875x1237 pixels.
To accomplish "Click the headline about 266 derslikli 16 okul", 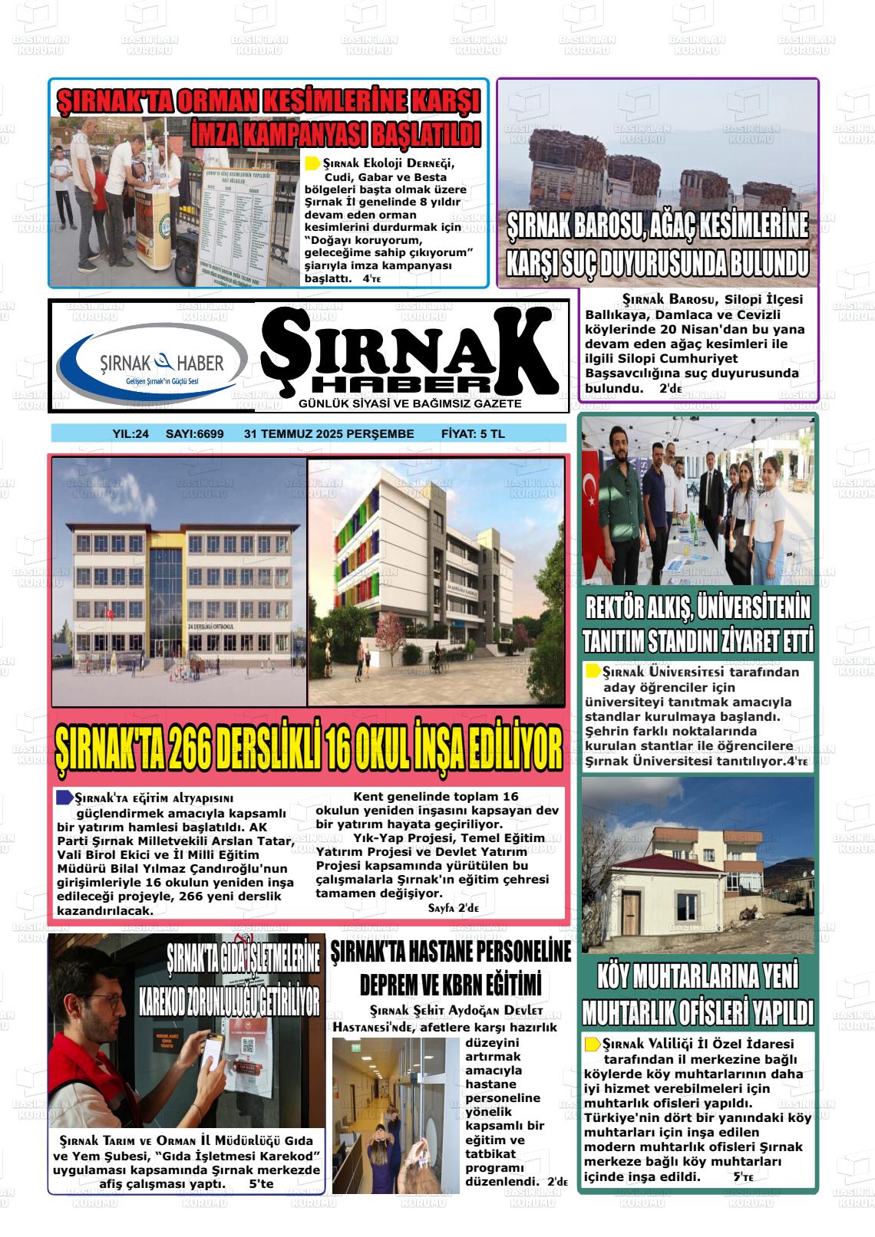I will tap(309, 748).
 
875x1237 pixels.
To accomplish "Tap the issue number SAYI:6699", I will tap(195, 434).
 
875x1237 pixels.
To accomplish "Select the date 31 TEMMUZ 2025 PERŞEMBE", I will tap(329, 434).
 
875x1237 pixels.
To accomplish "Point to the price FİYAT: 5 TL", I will tap(473, 434).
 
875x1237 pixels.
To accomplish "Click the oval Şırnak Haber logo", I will tap(152, 361).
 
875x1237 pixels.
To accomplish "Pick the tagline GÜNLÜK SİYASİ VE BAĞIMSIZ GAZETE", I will tap(410, 403).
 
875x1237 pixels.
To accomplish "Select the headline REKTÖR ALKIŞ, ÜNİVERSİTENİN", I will tap(697, 609).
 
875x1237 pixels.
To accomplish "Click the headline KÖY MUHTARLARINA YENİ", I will tap(697, 977).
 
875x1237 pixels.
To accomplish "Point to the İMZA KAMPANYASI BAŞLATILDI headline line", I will tap(335, 133).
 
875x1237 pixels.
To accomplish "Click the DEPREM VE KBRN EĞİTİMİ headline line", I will tap(451, 983).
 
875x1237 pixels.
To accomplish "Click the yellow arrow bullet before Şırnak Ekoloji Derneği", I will tap(312, 163).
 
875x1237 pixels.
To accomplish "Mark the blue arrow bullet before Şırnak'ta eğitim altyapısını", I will tap(64, 798).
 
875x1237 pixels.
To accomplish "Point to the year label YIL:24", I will tap(130, 434).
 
